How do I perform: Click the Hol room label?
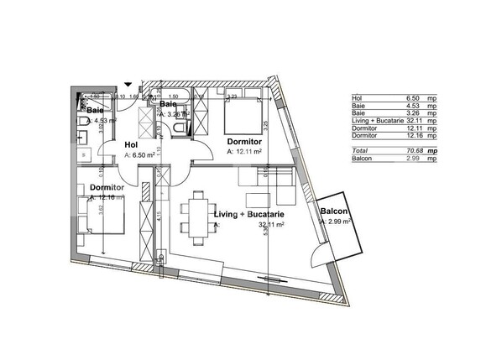[130, 144]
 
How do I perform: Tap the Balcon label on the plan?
[334, 212]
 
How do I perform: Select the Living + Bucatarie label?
[248, 216]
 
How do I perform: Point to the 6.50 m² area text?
[140, 155]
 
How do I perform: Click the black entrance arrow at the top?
[127, 82]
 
